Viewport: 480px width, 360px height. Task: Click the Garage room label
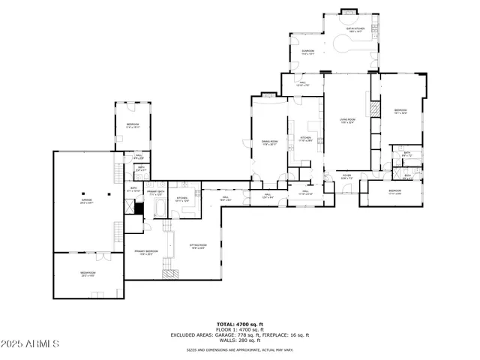point(87,201)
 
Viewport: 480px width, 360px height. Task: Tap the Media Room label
point(88,274)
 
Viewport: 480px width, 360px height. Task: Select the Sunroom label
point(307,52)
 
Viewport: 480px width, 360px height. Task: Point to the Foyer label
point(346,178)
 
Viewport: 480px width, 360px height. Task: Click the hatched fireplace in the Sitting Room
point(172,273)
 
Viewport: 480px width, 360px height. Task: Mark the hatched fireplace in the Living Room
point(372,108)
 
